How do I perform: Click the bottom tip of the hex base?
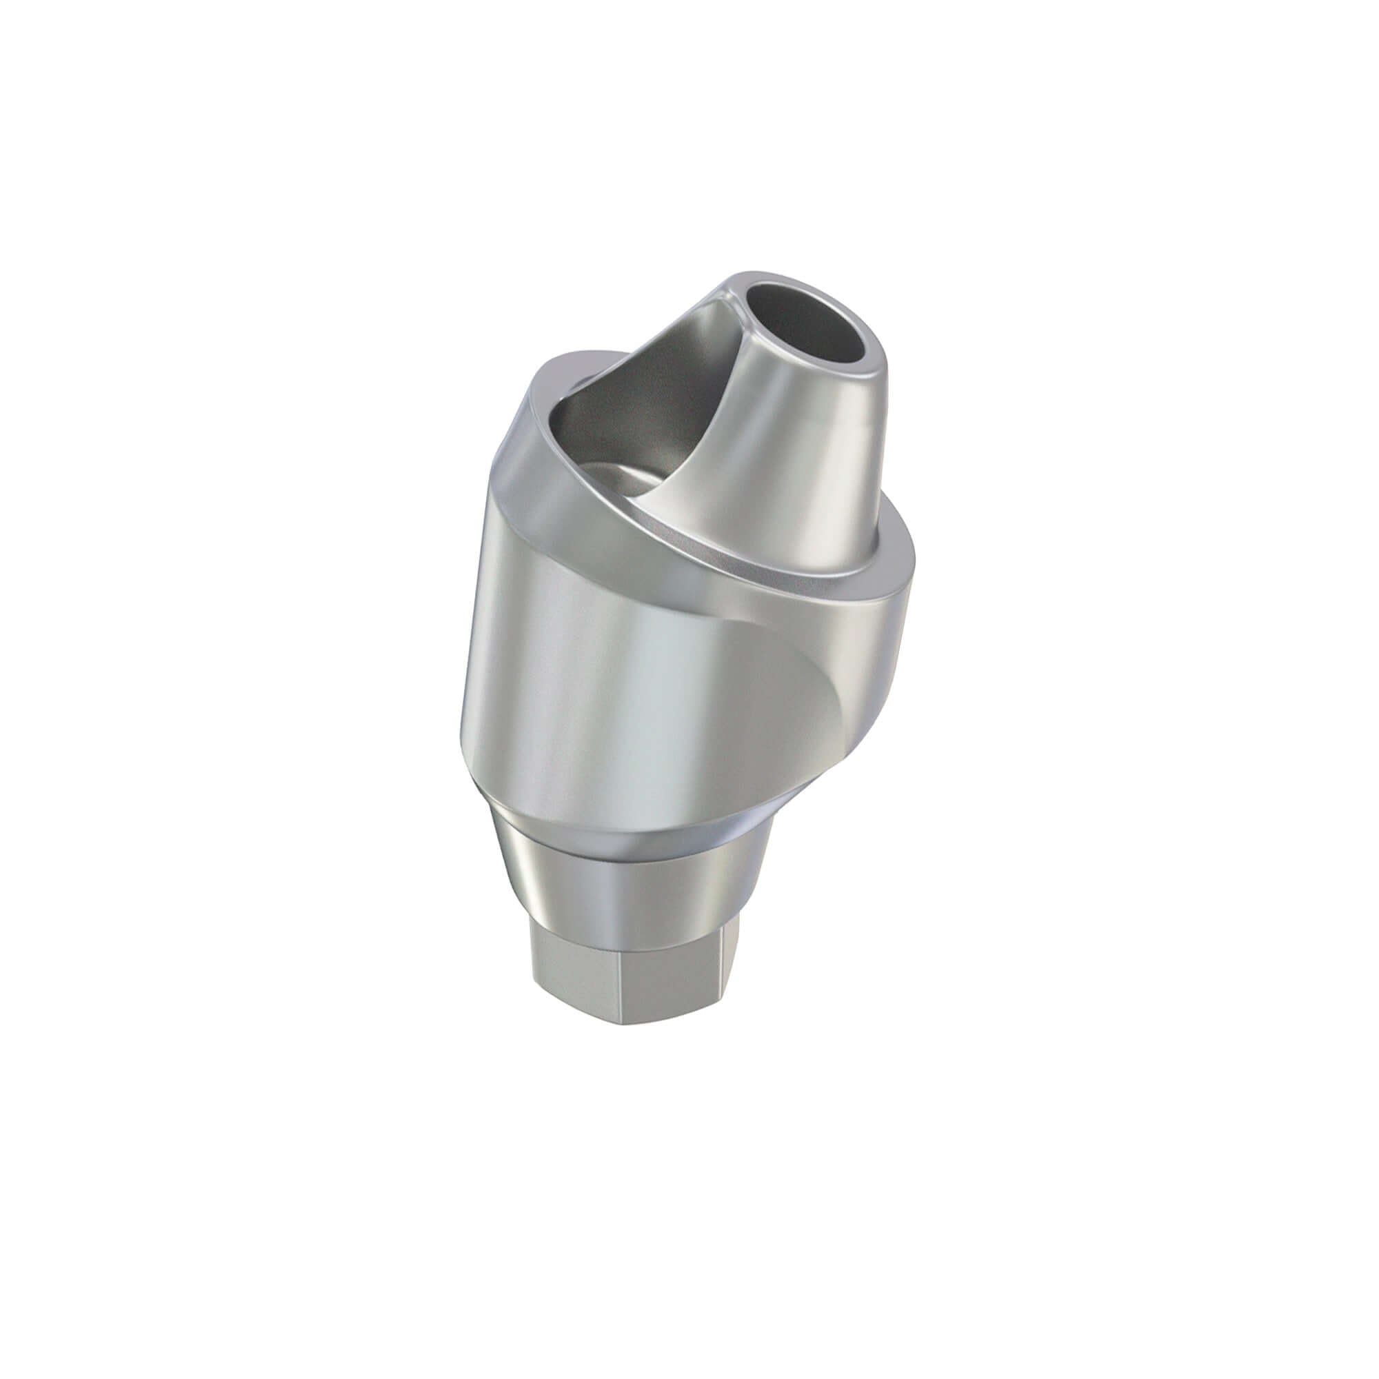(x=664, y=1022)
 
